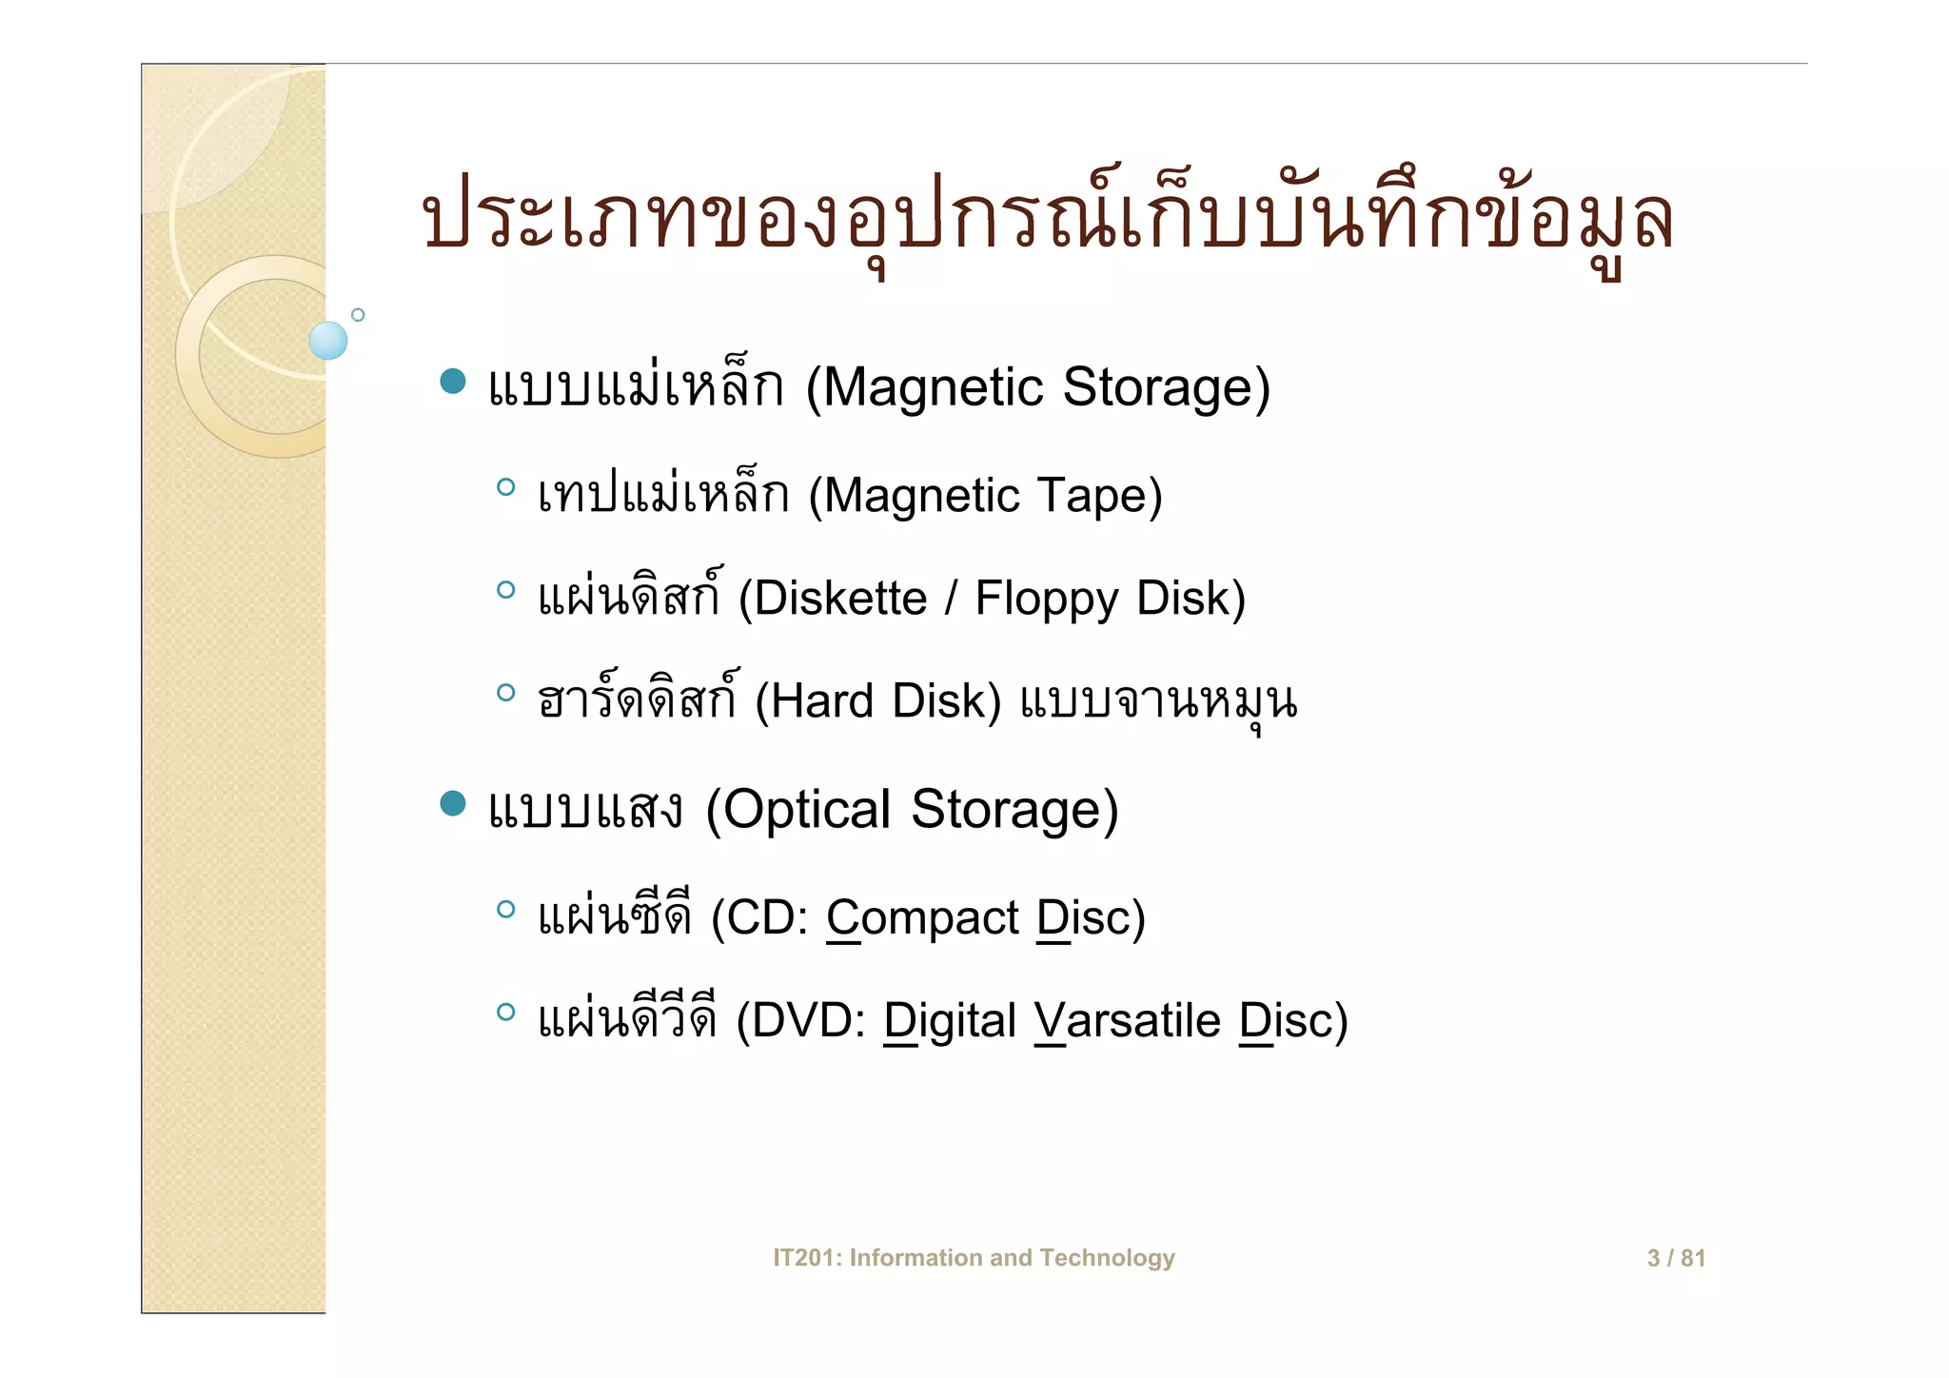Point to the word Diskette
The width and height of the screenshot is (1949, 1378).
coord(840,599)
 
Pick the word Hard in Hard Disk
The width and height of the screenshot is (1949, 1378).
coord(821,701)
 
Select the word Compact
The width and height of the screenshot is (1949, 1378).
coord(923,918)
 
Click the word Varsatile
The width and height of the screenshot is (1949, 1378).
coord(1128,1021)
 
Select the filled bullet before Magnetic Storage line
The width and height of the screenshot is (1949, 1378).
coord(453,382)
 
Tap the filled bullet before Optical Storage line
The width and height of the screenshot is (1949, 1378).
coord(453,804)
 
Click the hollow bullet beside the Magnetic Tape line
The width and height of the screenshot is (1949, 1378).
coord(505,488)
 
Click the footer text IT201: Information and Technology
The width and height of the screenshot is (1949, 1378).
coord(974,1258)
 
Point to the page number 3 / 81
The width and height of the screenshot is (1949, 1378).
coord(1676,1258)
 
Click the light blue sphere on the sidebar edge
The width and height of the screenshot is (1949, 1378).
coord(328,341)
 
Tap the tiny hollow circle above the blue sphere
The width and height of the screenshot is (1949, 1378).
coord(358,315)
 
